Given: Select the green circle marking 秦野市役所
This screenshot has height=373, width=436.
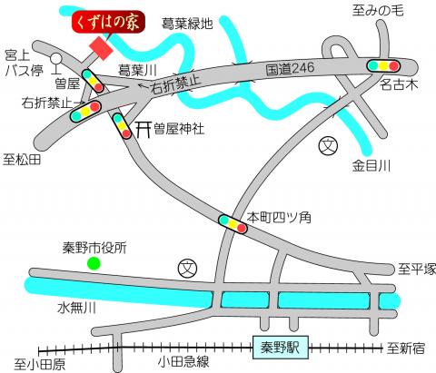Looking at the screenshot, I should point(92,264).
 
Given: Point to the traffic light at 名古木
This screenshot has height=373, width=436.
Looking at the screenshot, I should point(382,66).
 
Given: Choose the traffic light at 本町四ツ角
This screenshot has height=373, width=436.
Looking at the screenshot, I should point(232,222).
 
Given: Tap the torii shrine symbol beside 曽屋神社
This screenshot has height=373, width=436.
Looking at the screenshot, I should point(142,129).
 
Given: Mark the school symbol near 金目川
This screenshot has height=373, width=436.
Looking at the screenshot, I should point(327,145).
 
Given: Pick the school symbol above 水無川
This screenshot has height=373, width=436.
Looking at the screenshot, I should point(185,267).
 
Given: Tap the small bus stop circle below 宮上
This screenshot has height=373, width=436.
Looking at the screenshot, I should point(55,64).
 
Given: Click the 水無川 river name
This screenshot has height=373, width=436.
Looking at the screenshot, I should point(76,308).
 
